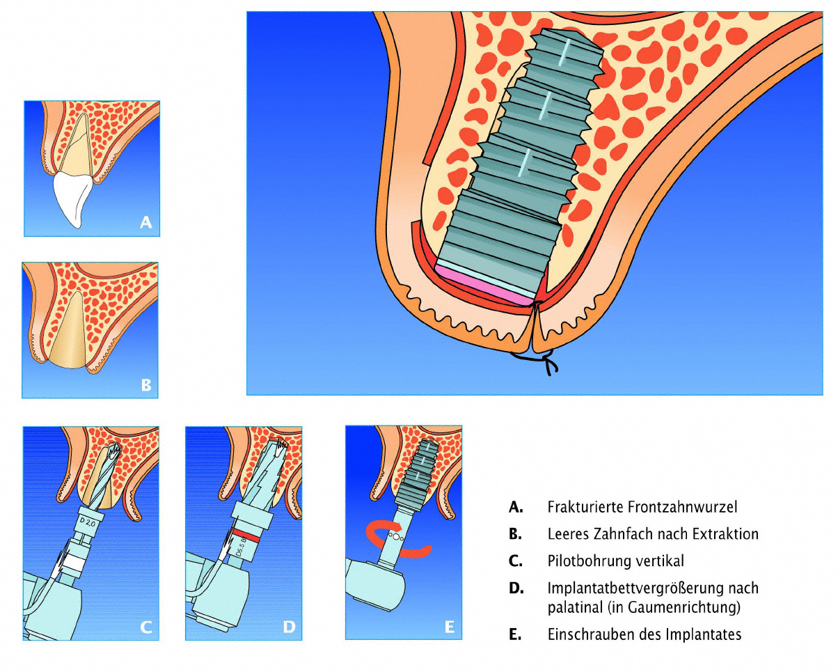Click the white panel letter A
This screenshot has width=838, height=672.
point(145,222)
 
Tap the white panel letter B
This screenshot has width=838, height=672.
point(145,384)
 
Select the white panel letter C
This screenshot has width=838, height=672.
point(145,626)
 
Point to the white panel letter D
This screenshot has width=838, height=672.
point(289,626)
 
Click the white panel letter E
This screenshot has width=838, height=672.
point(449,626)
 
